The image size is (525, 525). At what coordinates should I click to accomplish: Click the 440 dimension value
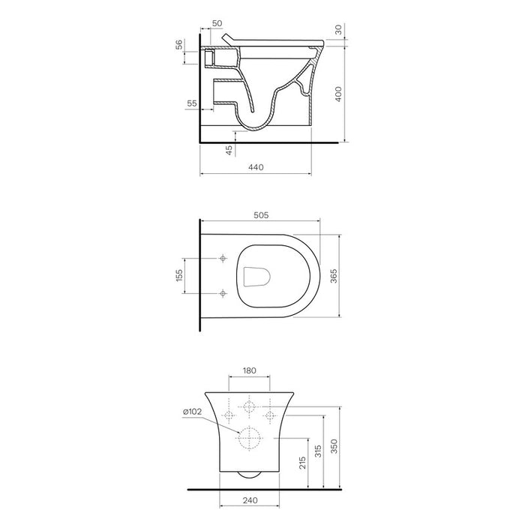point(256,167)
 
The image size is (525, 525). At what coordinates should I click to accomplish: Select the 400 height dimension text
point(338,94)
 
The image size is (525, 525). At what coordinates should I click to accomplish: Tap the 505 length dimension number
point(261,215)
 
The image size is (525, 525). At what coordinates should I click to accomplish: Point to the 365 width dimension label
point(334,276)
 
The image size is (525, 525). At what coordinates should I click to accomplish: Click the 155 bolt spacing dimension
point(179,275)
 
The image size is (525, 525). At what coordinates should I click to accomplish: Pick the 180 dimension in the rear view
point(249,370)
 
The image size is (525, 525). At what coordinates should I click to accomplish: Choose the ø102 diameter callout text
point(193,412)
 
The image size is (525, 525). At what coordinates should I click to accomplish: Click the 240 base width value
point(250,500)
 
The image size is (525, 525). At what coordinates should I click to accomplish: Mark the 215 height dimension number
point(303,463)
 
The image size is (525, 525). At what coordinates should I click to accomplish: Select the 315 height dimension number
point(318,451)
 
